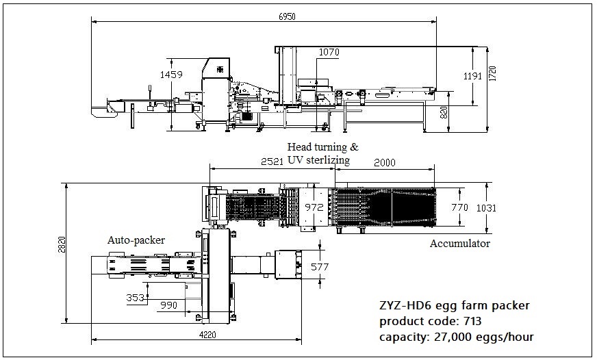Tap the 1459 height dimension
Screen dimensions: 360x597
pyautogui.click(x=171, y=75)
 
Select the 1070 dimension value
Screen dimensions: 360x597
pyautogui.click(x=329, y=52)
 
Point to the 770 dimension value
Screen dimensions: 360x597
pyautogui.click(x=460, y=207)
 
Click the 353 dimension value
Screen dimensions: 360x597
pyautogui.click(x=136, y=298)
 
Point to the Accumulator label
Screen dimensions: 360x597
pyautogui.click(x=459, y=243)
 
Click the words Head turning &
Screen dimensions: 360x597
pyautogui.click(x=322, y=147)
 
